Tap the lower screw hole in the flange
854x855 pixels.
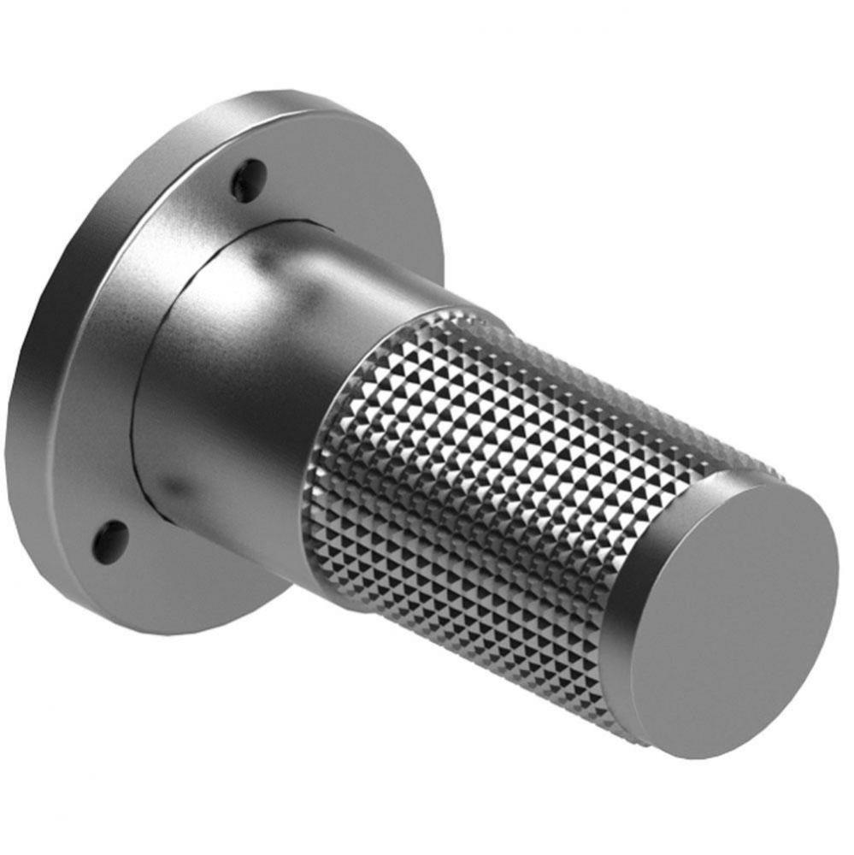coord(110,539)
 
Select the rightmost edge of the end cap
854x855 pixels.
coord(838,590)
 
